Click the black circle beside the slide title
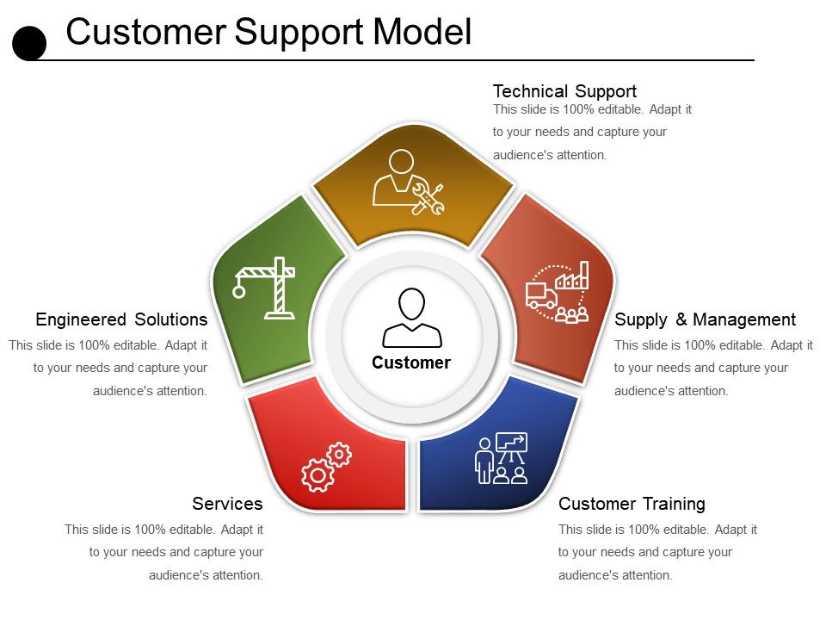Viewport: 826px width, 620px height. (29, 43)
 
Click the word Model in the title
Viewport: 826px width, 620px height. (422, 32)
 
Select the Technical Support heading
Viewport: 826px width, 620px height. (564, 91)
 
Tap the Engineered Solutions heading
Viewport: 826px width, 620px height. (121, 319)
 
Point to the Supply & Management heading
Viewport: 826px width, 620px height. (705, 319)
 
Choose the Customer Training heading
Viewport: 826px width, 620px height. (632, 504)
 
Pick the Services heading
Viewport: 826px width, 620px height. (227, 504)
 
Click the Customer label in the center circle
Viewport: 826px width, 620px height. (411, 363)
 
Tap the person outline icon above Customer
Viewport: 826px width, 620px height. (412, 318)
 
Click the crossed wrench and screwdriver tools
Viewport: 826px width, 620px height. (428, 199)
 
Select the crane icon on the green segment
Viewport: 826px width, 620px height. (264, 288)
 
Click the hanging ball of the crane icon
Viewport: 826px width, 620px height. (239, 291)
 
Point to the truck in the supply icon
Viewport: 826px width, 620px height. (541, 295)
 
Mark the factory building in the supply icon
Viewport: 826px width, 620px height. (572, 276)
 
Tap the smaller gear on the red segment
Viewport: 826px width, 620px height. (339, 454)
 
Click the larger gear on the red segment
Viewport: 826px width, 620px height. (317, 475)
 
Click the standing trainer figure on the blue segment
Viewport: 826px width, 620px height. (484, 460)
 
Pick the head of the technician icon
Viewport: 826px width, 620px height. (402, 162)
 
